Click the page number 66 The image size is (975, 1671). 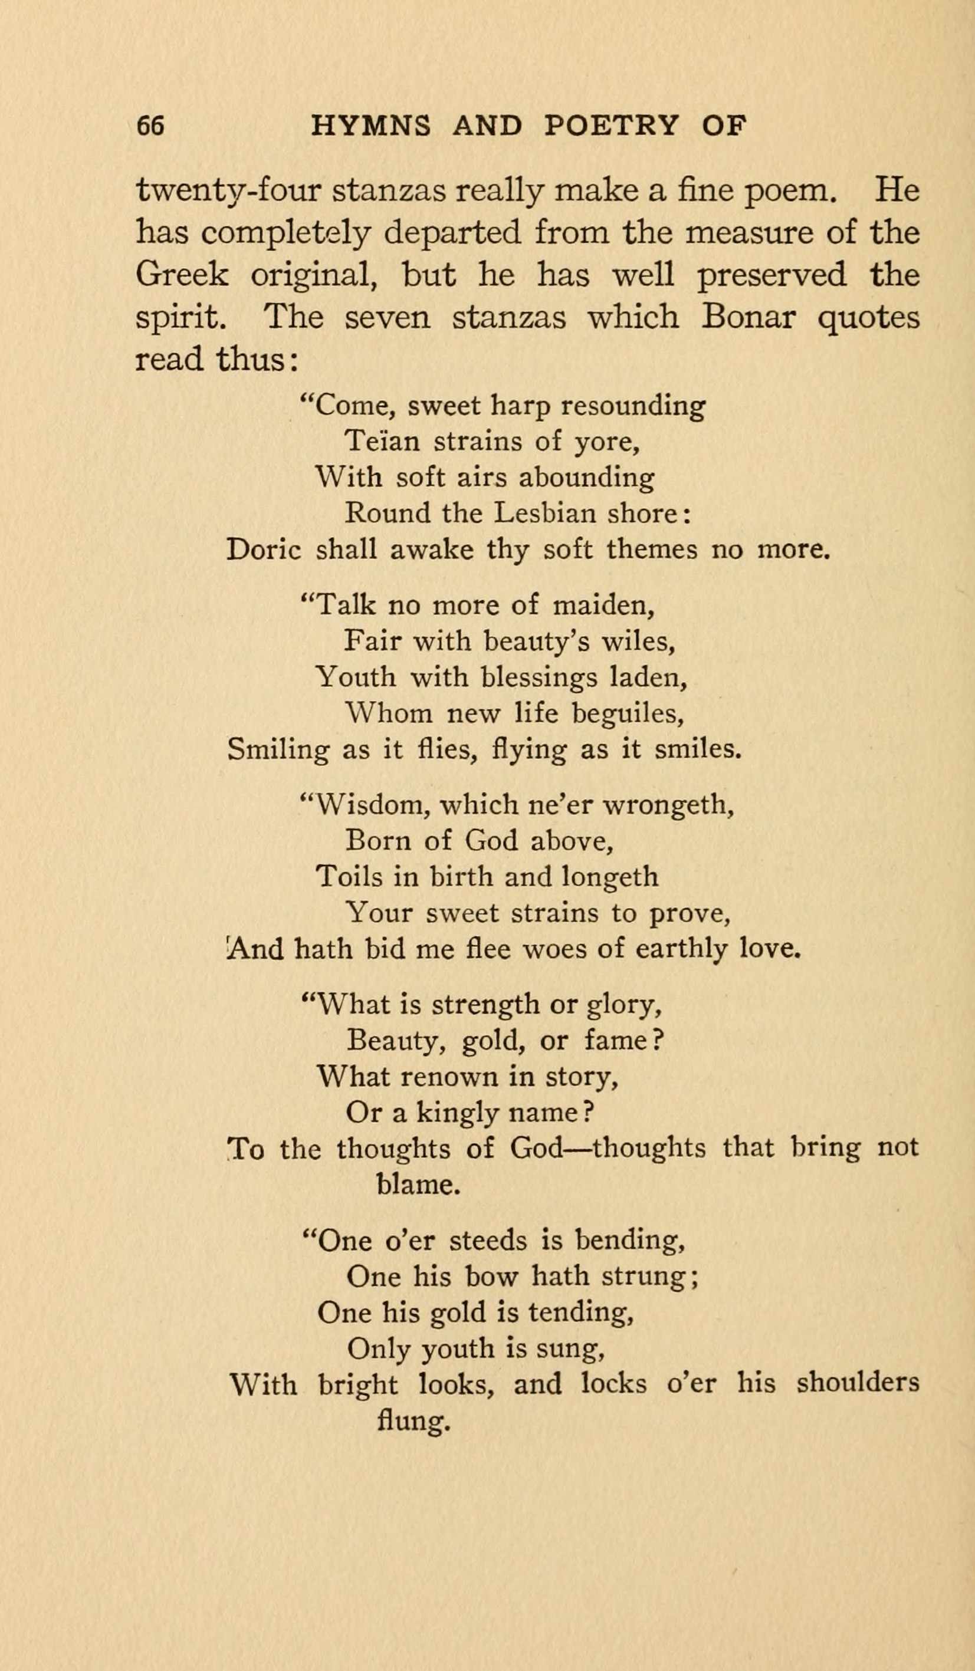pyautogui.click(x=150, y=126)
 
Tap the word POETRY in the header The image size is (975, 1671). pyautogui.click(x=611, y=126)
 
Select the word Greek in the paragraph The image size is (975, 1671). pyautogui.click(x=182, y=275)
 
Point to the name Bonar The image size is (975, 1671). pyautogui.click(x=747, y=317)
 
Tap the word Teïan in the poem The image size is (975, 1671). pyautogui.click(x=383, y=441)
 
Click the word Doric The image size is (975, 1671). pyautogui.click(x=264, y=549)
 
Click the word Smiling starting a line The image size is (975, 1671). pyautogui.click(x=278, y=749)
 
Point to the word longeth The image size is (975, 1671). pyautogui.click(x=609, y=877)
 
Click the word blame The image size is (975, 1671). pyautogui.click(x=417, y=1185)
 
